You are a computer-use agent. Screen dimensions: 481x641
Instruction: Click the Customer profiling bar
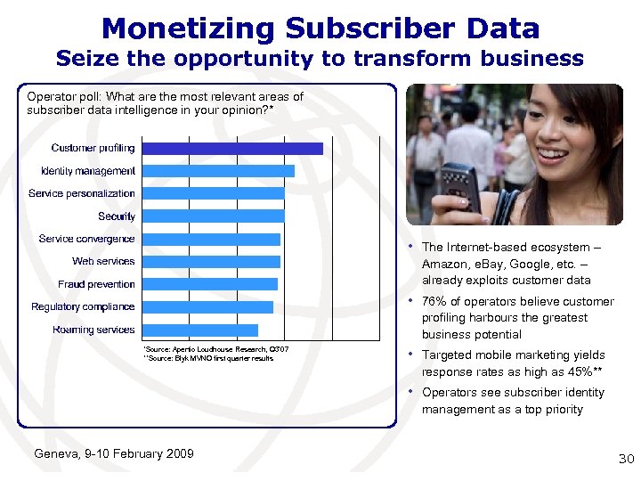232,149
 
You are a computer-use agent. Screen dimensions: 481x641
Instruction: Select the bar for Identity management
218,171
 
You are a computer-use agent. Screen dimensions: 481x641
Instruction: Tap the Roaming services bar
199,330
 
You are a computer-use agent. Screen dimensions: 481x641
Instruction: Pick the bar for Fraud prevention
210,284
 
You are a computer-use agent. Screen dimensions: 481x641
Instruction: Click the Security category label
117,216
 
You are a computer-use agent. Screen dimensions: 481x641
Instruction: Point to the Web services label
103,261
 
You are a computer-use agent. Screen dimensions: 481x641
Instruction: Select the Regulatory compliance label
83,307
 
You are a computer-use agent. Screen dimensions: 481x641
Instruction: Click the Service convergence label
86,239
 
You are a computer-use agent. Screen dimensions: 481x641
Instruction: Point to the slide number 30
626,459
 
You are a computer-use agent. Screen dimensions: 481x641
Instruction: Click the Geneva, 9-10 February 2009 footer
113,453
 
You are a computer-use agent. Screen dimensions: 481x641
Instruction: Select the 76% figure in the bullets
434,302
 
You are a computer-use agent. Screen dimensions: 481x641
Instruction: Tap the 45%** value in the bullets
564,371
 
